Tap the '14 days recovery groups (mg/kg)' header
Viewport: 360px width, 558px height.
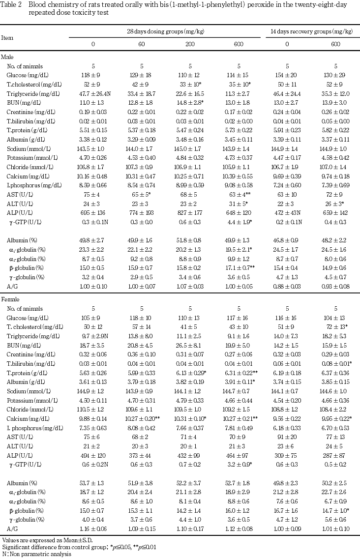click(x=311, y=31)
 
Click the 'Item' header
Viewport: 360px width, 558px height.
click(x=7, y=37)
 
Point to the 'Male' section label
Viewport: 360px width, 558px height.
click(x=7, y=57)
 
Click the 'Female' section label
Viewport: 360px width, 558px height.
click(x=10, y=299)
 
